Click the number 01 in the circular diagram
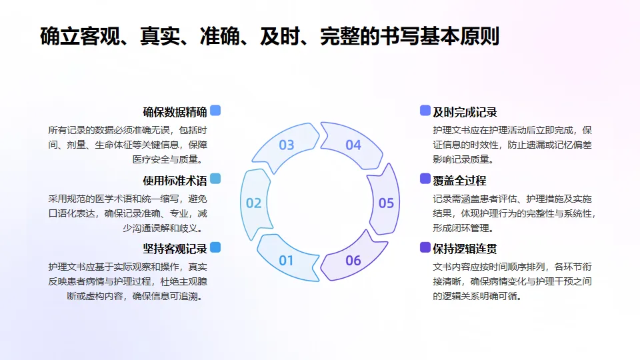(286, 260)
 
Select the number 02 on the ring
(254, 203)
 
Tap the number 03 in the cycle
(286, 145)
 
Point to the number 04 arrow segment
(353, 145)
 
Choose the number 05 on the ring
(386, 203)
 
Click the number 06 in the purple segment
(353, 260)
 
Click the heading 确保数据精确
(175, 111)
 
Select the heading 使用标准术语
(175, 180)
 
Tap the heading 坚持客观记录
(175, 249)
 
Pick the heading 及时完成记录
(465, 111)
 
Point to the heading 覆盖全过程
(459, 180)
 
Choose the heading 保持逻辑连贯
(465, 249)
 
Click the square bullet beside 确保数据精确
(215, 111)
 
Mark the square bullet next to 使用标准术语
(215, 179)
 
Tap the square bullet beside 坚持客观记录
(215, 247)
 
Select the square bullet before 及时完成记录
(425, 111)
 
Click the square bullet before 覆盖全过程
(425, 179)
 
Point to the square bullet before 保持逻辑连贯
(425, 247)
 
